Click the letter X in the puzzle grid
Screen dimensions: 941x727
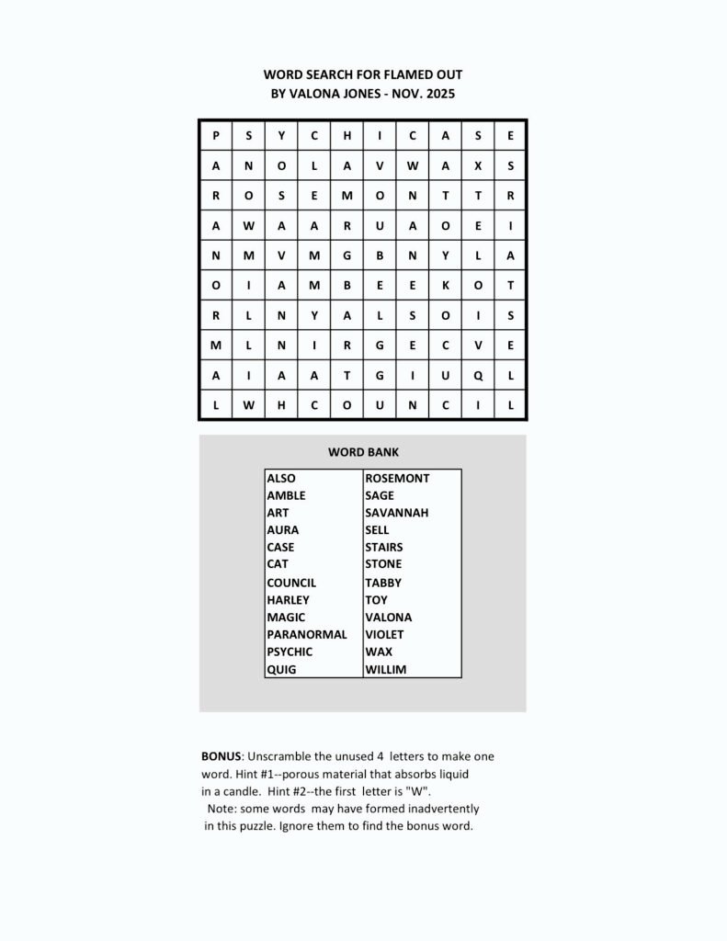coord(478,167)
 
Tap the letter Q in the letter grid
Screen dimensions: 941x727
coord(478,375)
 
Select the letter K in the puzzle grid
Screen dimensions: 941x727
coord(445,286)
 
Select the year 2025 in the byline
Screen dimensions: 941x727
coord(439,93)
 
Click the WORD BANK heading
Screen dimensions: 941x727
coord(363,452)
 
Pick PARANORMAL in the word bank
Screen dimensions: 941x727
coord(307,634)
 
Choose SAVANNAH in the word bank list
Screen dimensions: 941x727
coord(396,513)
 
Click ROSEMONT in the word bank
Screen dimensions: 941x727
coord(397,478)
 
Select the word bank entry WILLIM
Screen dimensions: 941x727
coord(385,670)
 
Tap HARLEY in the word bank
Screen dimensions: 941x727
coord(288,600)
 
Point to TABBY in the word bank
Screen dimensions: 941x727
coord(383,583)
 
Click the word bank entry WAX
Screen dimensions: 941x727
coord(378,652)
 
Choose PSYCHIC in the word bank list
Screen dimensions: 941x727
coord(290,652)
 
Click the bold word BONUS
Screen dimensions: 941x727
coord(222,756)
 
